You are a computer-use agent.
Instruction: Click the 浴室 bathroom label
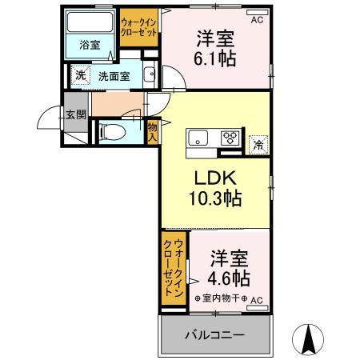click(x=89, y=46)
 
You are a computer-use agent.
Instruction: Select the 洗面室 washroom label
click(x=114, y=76)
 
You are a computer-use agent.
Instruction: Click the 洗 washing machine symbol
click(x=80, y=76)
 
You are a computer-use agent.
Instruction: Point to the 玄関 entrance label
click(x=76, y=114)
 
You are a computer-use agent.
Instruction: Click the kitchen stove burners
click(x=229, y=137)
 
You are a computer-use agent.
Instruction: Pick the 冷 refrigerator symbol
click(x=258, y=145)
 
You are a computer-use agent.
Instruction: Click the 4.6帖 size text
click(x=229, y=278)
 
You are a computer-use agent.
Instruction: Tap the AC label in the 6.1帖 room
click(x=256, y=21)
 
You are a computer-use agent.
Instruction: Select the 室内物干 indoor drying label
click(x=221, y=299)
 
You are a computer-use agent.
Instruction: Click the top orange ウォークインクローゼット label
click(x=138, y=29)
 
